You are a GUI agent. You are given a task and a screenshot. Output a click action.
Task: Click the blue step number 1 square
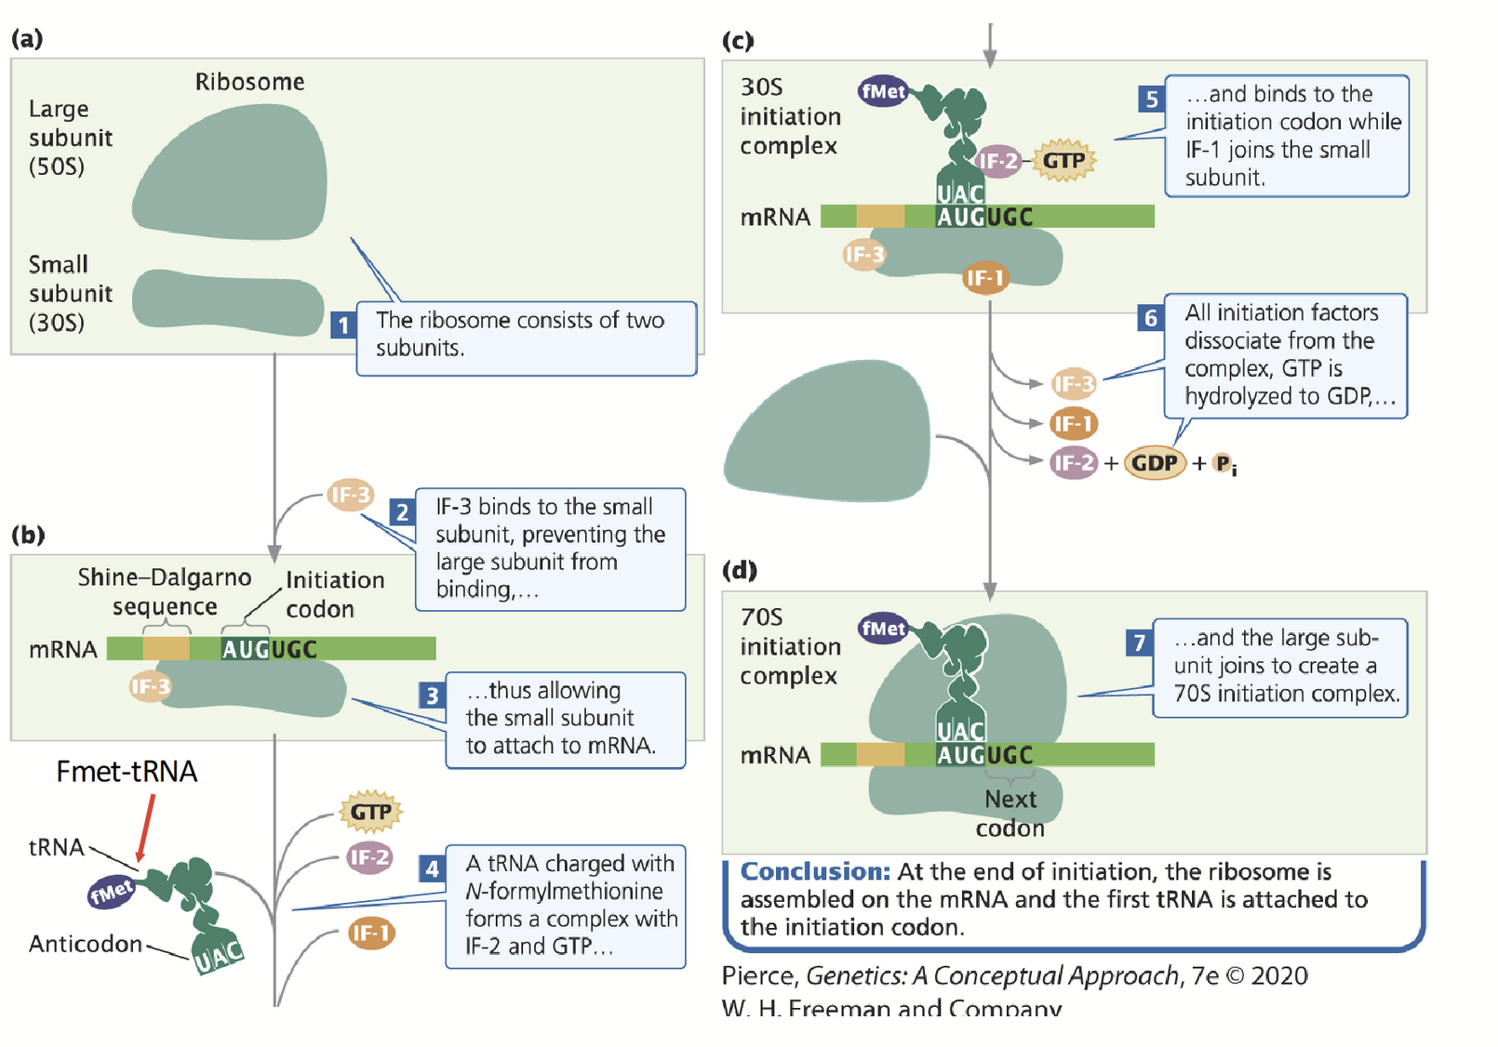point(343,325)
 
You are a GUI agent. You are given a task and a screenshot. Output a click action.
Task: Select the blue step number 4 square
point(432,868)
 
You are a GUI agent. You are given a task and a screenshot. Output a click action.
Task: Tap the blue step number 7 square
point(1139,643)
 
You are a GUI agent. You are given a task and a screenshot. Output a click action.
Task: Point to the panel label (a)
point(27,38)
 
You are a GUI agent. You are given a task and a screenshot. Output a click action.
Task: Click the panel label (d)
point(740,569)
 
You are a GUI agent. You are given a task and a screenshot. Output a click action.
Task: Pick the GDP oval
point(1155,463)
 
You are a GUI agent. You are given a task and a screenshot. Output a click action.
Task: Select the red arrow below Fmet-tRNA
point(145,827)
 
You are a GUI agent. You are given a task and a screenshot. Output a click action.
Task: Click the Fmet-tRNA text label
point(127,772)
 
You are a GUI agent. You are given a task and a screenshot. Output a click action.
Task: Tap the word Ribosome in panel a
point(249,82)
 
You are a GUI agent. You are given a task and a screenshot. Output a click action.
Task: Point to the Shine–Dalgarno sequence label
point(165,591)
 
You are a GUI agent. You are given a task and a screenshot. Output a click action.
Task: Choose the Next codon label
point(1010,814)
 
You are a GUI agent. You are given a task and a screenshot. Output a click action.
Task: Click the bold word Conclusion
point(815,871)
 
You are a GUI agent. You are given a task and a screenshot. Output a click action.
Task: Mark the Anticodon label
point(86,944)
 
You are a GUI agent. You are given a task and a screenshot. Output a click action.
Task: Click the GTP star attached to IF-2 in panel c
point(1063,160)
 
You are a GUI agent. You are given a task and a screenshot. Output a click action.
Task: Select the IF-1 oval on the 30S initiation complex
point(985,277)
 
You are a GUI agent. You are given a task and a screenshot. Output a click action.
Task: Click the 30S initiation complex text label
point(790,116)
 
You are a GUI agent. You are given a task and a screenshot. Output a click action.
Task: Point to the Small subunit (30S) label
point(70,293)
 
